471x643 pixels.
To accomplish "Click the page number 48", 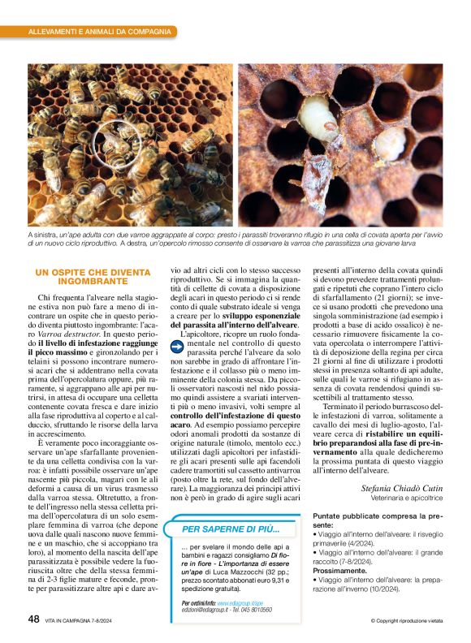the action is pyautogui.click(x=33, y=619).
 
